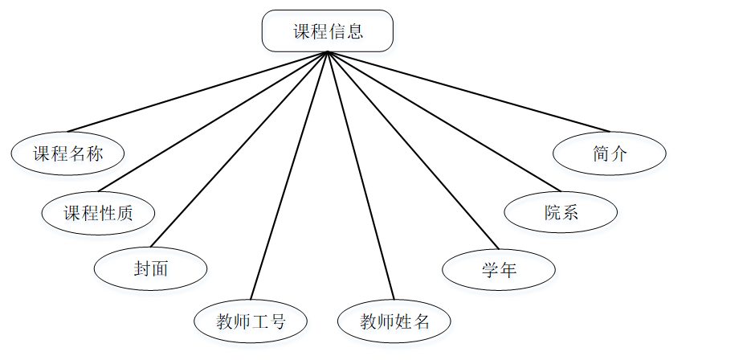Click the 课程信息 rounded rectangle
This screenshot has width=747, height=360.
click(x=328, y=31)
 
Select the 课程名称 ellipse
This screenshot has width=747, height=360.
click(x=68, y=153)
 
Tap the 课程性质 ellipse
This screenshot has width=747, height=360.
click(x=98, y=213)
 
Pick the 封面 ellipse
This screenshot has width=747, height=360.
click(x=151, y=268)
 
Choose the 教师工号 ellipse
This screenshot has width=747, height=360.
click(x=251, y=322)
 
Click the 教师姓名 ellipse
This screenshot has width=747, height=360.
click(x=394, y=322)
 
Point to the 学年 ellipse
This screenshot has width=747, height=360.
click(x=499, y=269)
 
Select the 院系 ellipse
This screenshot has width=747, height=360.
click(x=561, y=212)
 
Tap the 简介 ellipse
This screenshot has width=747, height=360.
click(x=610, y=153)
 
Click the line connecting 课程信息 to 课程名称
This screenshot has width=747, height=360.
click(x=198, y=92)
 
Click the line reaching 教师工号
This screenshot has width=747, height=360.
click(x=289, y=174)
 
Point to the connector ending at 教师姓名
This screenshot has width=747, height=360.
click(x=361, y=174)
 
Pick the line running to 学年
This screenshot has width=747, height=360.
click(x=413, y=149)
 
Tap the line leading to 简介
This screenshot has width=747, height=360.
click(x=468, y=92)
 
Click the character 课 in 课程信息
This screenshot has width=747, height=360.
click(x=301, y=32)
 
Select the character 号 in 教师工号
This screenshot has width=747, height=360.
click(x=277, y=322)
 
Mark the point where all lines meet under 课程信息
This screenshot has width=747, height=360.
click(x=328, y=52)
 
